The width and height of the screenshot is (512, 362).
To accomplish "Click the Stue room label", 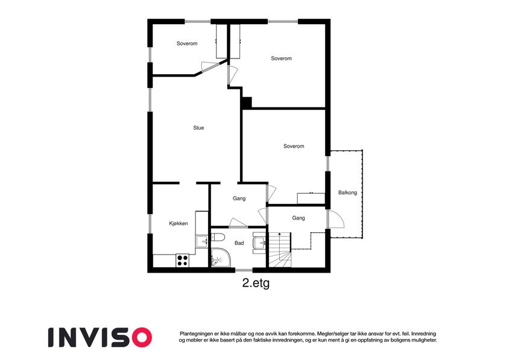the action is click(198, 128).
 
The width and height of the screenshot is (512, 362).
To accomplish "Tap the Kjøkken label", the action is click(179, 223).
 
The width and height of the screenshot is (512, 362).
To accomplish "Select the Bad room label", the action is click(239, 243).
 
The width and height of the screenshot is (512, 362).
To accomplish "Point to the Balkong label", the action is click(347, 192).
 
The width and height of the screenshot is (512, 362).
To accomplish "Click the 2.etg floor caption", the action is click(256, 283).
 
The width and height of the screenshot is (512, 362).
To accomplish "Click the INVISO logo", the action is click(100, 337).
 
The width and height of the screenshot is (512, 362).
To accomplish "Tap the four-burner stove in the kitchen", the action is click(182, 261).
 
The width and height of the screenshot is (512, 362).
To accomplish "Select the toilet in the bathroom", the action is click(217, 237).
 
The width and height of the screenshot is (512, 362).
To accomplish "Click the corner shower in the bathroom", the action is click(220, 258).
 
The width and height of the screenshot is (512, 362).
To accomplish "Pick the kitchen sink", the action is click(202, 241).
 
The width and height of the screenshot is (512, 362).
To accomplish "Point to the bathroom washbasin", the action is click(259, 243).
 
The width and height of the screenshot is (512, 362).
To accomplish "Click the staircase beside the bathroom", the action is click(280, 250).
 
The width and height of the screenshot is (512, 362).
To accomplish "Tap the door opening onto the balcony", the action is click(336, 219).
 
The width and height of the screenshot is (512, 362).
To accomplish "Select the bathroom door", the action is click(238, 223).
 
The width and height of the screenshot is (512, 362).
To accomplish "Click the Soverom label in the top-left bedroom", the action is click(187, 43).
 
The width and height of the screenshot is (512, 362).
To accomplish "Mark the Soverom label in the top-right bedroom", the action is click(281, 59).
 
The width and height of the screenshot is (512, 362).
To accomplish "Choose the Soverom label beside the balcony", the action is click(294, 146).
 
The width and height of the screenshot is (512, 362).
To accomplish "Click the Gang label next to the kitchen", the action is click(239, 198).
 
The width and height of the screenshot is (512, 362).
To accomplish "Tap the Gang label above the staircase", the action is click(299, 218).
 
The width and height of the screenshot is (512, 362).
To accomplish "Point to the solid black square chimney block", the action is click(247, 103).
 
